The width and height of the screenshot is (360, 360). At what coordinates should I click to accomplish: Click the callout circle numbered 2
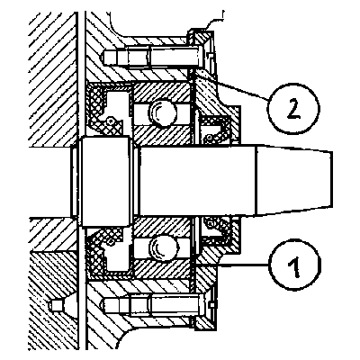coord(293,108)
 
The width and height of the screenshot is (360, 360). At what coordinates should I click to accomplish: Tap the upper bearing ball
coord(162,112)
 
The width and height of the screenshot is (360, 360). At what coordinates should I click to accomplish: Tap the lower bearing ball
coord(163,248)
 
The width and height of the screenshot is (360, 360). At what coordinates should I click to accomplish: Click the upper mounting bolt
coord(151,56)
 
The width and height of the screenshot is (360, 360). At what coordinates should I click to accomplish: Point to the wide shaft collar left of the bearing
coord(106,182)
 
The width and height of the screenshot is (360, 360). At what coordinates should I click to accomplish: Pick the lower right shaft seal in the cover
coord(217,230)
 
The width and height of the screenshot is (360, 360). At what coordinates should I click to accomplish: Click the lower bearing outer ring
coord(162,269)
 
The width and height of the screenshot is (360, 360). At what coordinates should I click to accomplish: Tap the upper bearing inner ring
coord(162,136)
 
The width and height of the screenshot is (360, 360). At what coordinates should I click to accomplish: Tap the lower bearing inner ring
coord(162,226)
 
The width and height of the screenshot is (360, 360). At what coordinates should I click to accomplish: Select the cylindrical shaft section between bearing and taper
coord(198,181)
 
